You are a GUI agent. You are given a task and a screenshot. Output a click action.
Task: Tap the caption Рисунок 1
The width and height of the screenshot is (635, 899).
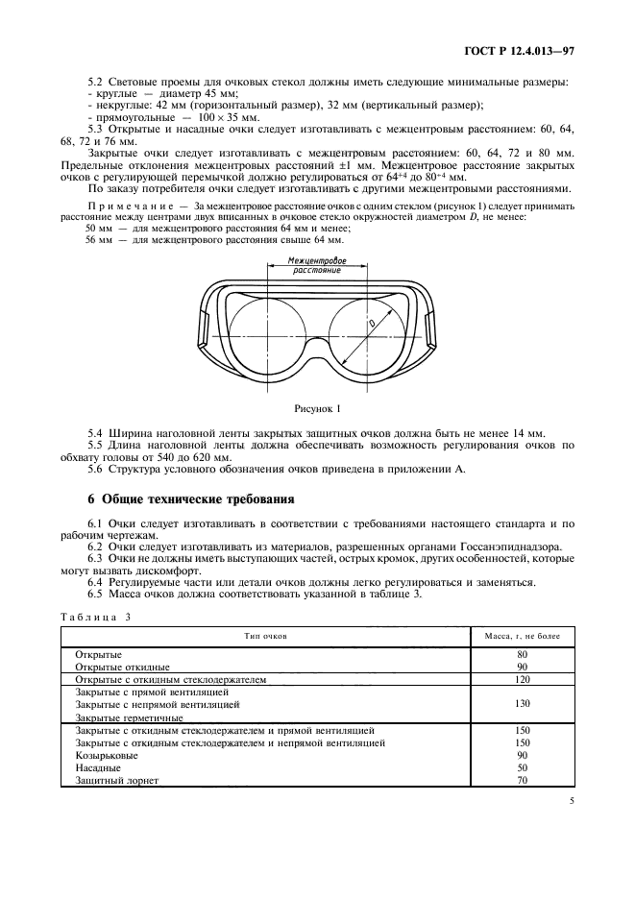point(317,408)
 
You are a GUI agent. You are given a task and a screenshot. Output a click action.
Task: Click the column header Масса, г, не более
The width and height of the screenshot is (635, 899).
point(522,637)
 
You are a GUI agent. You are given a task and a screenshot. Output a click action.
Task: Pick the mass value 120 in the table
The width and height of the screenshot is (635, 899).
point(522,678)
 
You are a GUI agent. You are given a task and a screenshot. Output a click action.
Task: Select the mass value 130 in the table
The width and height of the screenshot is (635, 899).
point(522,704)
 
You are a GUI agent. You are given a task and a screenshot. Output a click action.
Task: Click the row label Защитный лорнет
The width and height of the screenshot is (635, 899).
point(116,780)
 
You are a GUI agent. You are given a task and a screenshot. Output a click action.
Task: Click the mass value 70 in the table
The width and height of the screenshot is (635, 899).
point(522,780)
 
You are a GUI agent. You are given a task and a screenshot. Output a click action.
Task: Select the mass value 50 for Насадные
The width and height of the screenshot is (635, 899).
point(522,767)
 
